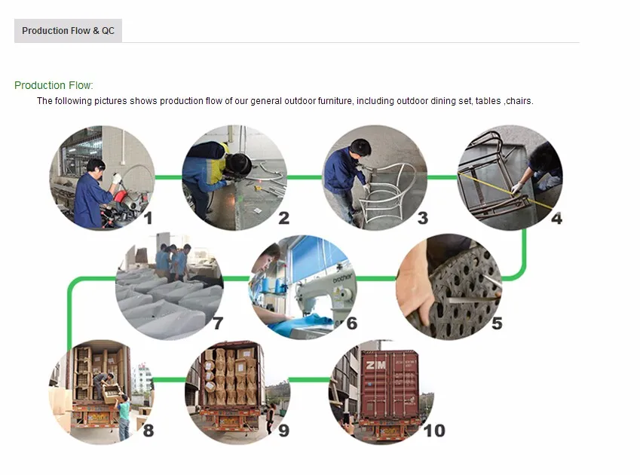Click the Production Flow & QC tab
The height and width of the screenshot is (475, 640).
68,31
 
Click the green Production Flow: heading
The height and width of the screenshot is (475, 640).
54,85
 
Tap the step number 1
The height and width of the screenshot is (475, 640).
149,218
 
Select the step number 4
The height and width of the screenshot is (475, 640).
556,219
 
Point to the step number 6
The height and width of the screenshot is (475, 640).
352,323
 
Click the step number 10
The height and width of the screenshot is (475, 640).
434,431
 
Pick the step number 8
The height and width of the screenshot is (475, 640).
149,430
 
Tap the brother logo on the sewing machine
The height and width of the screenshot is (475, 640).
342,278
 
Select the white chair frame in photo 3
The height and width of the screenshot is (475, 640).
386,192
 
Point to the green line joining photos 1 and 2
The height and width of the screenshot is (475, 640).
169,177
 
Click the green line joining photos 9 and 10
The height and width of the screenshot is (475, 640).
310,380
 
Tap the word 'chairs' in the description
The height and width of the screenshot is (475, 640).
519,101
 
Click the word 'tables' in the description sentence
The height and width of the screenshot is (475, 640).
488,101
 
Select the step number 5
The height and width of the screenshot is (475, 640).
497,323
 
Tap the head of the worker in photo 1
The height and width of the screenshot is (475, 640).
96,167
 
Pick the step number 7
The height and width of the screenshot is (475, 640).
219,323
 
